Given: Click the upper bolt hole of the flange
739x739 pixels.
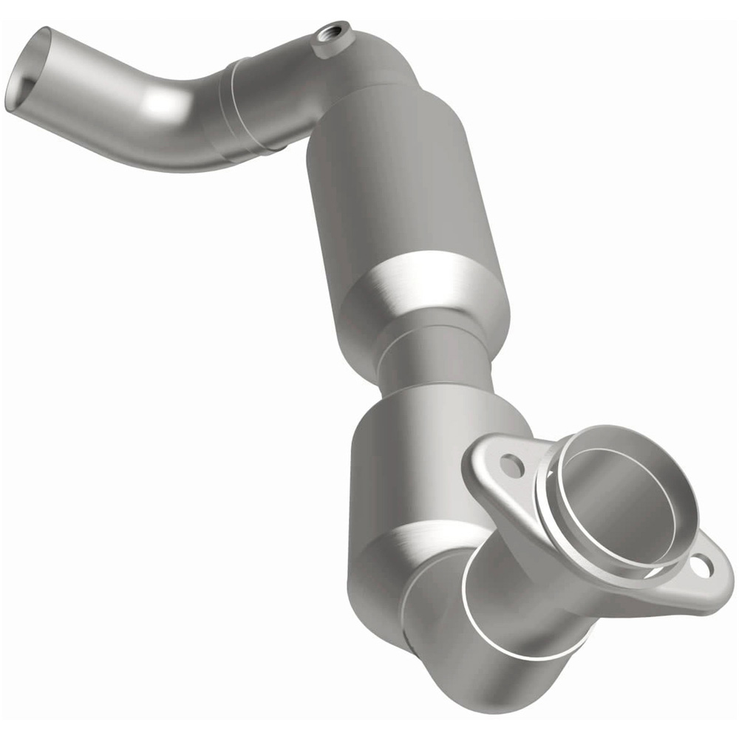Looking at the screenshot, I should point(511,465).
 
